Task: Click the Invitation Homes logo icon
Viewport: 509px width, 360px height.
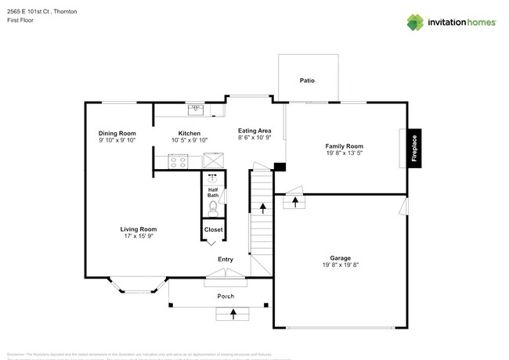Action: point(415,22)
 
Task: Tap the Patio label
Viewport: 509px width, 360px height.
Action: point(308,81)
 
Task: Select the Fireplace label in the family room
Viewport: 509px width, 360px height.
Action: point(414,147)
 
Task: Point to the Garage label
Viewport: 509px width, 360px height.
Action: point(340,257)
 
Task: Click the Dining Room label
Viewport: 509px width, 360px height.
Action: point(117,133)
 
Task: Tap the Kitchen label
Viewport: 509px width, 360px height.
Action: point(189,133)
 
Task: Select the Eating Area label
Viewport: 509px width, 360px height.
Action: point(254,130)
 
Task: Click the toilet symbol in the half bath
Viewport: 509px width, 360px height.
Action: point(212,207)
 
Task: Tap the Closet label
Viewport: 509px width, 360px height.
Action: point(213,229)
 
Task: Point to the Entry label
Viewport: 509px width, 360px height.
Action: point(225,259)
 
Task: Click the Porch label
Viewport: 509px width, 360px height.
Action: point(226,297)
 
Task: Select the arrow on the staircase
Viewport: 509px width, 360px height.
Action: point(262,207)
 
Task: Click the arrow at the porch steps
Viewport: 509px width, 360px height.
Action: point(233,314)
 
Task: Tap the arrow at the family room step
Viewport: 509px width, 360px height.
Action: point(295,202)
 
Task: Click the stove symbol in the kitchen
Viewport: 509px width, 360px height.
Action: point(179,162)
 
